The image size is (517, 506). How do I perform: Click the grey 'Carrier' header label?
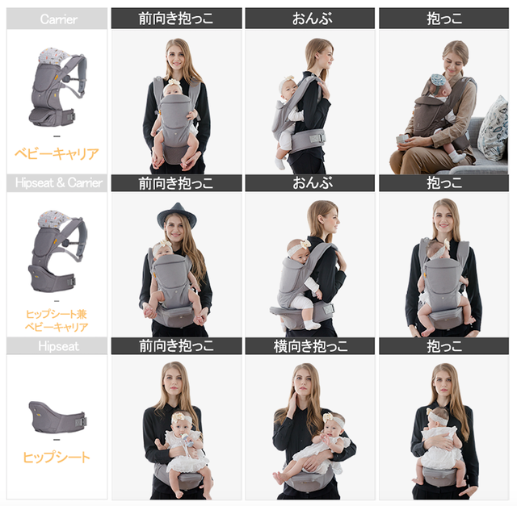point(59,19)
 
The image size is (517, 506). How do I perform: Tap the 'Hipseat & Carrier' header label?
point(59,183)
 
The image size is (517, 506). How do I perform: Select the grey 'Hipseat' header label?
point(59,346)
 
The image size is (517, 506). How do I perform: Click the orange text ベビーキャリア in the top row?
point(57,153)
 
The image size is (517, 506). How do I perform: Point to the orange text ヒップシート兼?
point(57,314)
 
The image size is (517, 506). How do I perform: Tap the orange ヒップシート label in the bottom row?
point(57,458)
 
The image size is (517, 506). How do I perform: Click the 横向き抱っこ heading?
point(310,346)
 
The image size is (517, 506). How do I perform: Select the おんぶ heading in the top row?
point(312,19)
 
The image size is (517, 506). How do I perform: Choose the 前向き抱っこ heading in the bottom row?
point(176,346)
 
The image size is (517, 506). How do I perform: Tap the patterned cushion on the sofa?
point(494,129)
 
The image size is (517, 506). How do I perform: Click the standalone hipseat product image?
point(57,416)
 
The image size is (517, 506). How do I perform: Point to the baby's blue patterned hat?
point(438,82)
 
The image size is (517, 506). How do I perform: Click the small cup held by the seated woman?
point(401,140)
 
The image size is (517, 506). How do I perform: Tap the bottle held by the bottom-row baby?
point(187,440)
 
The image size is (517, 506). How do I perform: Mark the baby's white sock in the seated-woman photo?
point(456,156)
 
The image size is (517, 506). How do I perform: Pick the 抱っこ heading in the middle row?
point(444,183)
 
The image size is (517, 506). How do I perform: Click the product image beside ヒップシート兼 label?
point(57,251)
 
